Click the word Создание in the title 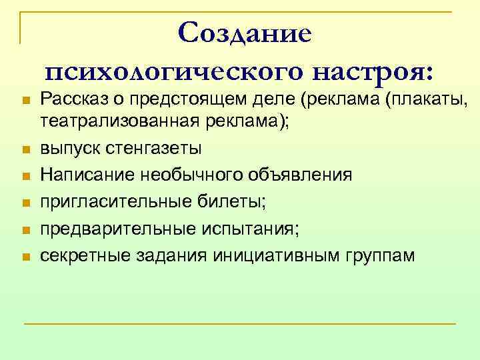[x=245, y=33]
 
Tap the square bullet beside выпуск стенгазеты [x=26, y=149]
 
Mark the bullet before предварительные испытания [x=26, y=230]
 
